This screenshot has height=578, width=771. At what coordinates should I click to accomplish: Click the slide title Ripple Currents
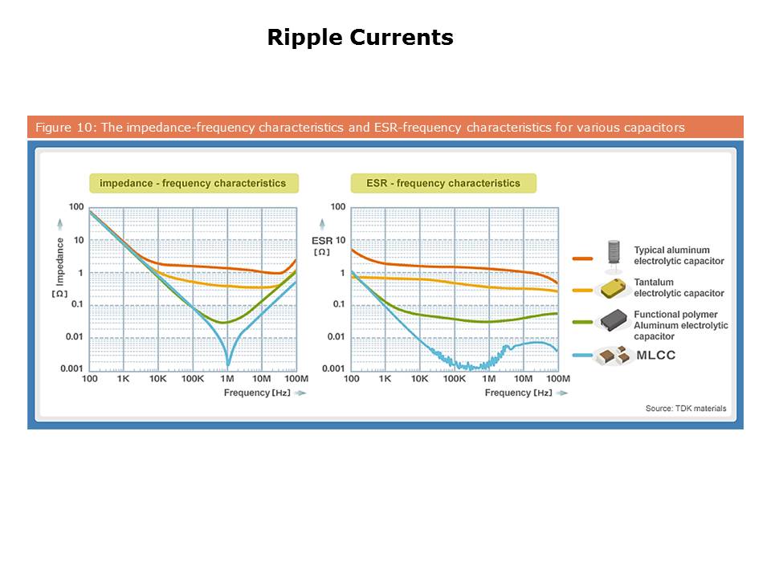pos(360,38)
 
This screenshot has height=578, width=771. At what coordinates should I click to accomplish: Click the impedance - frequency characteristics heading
pos(192,183)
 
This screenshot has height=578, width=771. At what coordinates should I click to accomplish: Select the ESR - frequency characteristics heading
pos(443,183)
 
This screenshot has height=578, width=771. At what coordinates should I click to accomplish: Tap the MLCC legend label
pos(655,354)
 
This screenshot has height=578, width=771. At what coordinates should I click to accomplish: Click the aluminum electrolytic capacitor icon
pos(614,252)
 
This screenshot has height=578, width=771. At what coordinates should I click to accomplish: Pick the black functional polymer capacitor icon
pos(615,320)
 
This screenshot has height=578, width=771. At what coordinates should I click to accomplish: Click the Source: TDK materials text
pos(685,409)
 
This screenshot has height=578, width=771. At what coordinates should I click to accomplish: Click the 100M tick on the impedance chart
pos(296,378)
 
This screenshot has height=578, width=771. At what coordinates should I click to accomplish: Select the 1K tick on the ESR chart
pos(385,378)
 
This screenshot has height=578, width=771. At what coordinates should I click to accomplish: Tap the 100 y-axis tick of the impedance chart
pos(76,207)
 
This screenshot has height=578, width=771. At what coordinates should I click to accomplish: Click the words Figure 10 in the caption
pos(59,128)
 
